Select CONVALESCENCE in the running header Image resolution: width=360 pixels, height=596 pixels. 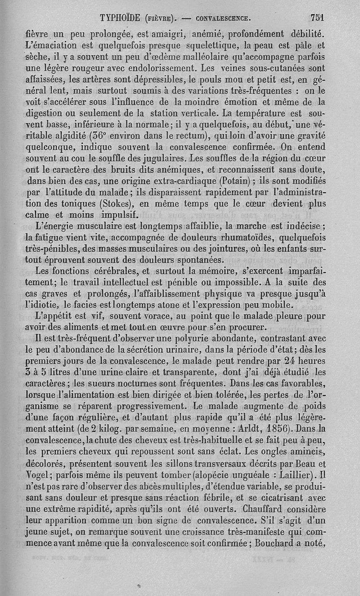(222, 19)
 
